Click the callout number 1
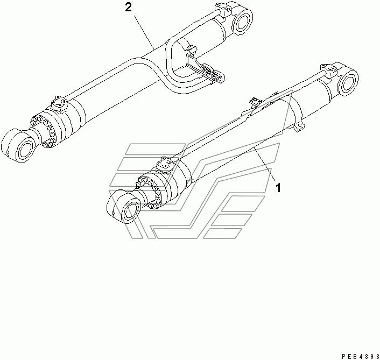[278, 188]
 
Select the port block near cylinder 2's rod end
[57, 102]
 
